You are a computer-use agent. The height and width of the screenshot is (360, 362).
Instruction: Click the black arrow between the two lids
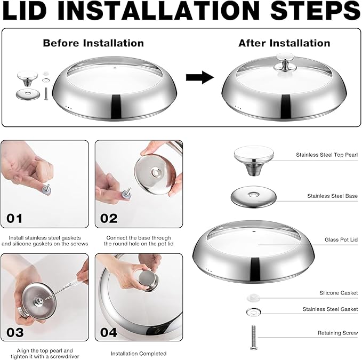click(200, 77)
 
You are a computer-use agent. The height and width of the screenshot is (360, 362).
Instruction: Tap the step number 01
click(14, 218)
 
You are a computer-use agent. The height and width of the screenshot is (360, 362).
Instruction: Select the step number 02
click(109, 218)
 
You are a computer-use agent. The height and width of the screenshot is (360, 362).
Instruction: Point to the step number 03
click(15, 332)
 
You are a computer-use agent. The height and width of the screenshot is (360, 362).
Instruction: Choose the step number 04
click(109, 332)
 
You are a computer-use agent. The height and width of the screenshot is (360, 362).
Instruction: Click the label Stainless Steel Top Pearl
click(327, 155)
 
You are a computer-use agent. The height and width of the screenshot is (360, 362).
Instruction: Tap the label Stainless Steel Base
click(332, 196)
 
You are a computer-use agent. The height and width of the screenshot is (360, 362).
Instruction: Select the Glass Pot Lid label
click(341, 239)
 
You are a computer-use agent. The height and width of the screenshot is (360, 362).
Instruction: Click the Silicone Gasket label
click(339, 293)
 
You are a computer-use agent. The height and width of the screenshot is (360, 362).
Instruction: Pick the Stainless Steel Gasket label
click(330, 309)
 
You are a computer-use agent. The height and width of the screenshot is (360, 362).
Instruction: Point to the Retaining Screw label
click(337, 333)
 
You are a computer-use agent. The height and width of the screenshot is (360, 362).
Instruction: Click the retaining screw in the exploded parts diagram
click(253, 337)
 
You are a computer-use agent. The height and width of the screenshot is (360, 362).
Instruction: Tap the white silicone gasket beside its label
click(253, 298)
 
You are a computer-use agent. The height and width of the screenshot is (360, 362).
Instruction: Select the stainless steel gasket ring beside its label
click(253, 312)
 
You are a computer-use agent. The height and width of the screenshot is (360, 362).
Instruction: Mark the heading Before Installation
click(93, 43)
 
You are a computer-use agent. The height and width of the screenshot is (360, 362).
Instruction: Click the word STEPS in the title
click(315, 10)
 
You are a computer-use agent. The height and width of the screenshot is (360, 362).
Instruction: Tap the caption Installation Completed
click(139, 354)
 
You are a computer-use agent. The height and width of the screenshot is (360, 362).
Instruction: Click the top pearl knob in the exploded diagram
click(254, 160)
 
